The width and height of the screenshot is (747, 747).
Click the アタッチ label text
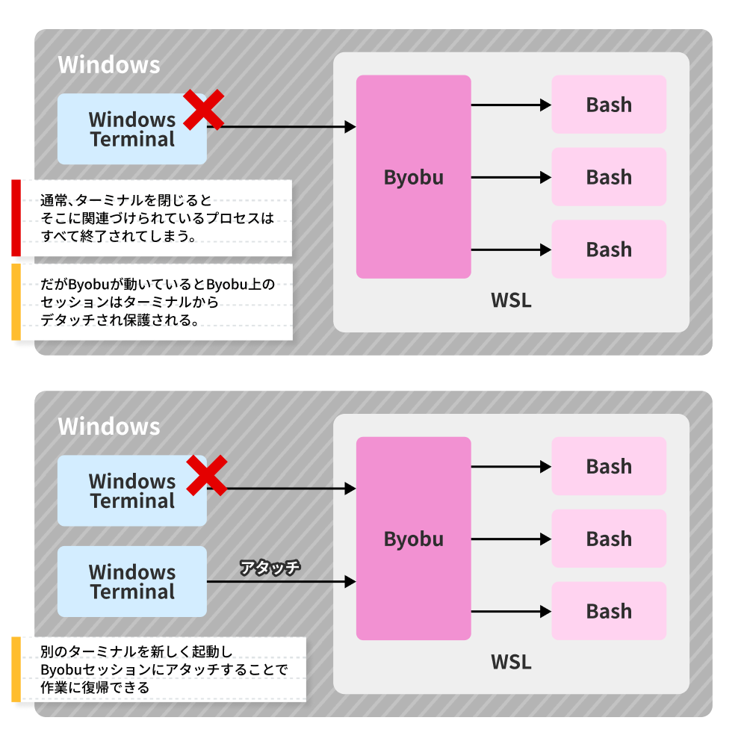point(270,567)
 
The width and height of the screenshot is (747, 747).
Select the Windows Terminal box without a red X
point(132,581)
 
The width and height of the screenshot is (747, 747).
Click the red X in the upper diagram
point(204,111)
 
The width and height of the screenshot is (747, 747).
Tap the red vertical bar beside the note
point(16,217)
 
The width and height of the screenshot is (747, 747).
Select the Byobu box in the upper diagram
point(413,177)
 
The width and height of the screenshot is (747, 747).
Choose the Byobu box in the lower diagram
point(413,539)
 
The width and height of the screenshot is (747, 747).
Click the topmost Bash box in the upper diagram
point(609,105)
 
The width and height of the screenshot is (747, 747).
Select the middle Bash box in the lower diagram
point(609,539)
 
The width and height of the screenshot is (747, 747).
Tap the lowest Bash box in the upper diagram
point(609,249)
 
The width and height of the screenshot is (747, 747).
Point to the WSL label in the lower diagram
point(511,662)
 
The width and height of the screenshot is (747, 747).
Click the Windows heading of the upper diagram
point(109,64)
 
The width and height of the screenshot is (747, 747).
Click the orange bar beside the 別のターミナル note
point(16,669)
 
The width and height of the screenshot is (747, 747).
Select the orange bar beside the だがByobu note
point(16,302)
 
